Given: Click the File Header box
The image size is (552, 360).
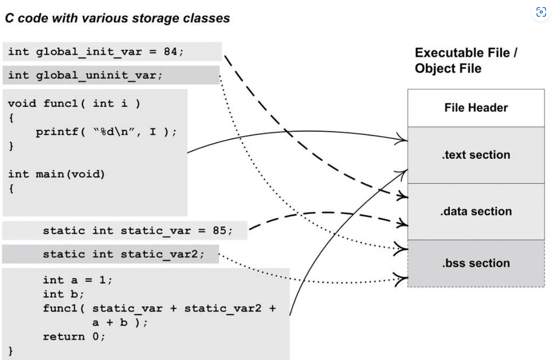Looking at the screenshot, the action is (476, 108).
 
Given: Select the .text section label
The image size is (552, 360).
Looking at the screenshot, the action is (476, 155).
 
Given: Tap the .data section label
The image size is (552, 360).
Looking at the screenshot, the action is (476, 211).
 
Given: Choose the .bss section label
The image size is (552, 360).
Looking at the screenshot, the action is (476, 263).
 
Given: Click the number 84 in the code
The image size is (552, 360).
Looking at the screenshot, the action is (170, 51).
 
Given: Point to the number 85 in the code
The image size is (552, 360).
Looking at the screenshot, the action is (219, 230).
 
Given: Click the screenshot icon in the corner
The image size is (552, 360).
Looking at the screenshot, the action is (541, 12).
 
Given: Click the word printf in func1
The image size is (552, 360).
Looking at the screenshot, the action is (57, 132).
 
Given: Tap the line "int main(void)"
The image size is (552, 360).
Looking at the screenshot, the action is (56, 174).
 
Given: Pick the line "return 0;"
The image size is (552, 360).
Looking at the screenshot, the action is (74, 337).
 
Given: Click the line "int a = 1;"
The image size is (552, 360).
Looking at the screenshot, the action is (77, 280).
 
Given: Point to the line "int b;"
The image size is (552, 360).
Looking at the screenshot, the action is (63, 294).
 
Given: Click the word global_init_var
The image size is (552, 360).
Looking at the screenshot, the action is (89, 51).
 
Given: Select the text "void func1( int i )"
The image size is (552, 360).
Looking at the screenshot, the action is (74, 103).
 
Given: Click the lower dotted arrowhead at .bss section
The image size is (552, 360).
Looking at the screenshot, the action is (401, 279).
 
